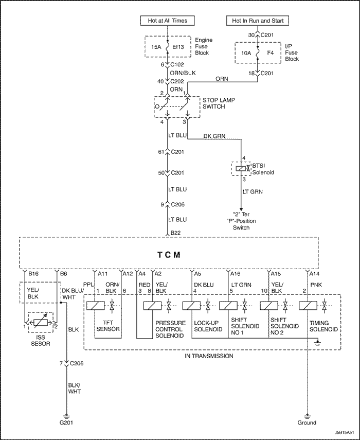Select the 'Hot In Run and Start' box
258,21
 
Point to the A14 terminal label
313,273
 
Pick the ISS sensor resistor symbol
40,323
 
